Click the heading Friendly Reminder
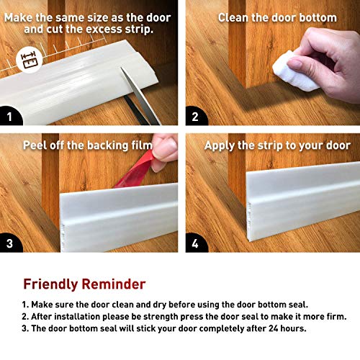coord(84,284)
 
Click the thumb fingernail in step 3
coord(165,150)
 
